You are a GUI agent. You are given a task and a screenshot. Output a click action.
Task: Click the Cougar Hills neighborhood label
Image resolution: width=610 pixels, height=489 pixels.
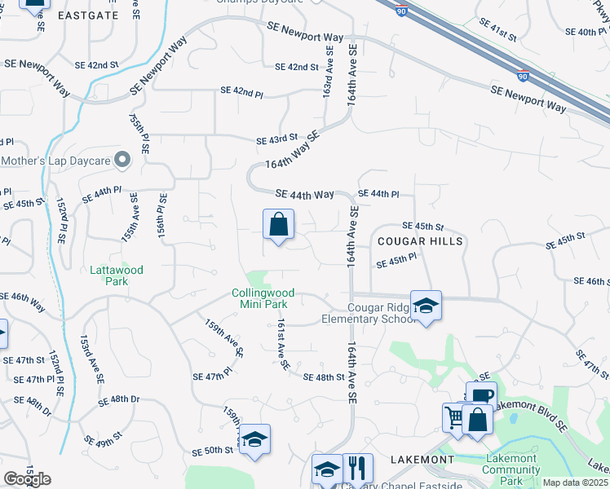[420, 241]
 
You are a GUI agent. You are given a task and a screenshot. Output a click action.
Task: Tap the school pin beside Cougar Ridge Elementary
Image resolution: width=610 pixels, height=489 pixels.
[426, 306]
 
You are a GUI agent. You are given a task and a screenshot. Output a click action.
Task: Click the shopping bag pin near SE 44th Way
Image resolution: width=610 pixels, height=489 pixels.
[279, 224]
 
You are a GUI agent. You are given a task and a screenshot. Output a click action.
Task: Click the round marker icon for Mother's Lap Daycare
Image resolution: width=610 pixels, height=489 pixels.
[123, 160]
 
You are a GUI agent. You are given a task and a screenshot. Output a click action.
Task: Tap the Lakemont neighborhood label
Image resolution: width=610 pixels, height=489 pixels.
[422, 460]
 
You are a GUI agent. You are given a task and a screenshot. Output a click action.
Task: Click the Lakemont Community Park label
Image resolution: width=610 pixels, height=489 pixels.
[511, 469]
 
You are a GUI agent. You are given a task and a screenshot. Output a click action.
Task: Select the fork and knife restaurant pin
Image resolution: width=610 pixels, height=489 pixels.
[357, 469]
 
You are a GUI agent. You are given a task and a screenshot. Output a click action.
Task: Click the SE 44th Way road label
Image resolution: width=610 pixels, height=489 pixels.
[305, 194]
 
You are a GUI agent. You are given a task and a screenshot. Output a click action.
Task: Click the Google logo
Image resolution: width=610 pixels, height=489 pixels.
[27, 479]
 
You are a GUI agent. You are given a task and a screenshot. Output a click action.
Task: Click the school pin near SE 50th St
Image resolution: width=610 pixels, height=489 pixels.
[254, 439]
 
